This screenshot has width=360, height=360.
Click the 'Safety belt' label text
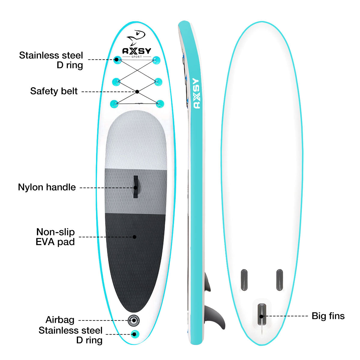[x=54, y=91]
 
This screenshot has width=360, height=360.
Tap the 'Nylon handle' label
[x=47, y=187]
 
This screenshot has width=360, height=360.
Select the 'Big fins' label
[x=328, y=316]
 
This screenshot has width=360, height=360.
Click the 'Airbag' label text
[x=60, y=320]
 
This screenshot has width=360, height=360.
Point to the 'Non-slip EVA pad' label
[x=55, y=237]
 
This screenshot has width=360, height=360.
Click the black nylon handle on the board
[x=135, y=187]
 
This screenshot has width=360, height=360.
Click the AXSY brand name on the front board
[x=137, y=51]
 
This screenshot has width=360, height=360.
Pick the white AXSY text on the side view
[x=196, y=93]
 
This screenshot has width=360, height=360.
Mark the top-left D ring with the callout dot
[x=117, y=60]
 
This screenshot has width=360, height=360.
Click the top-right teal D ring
[x=156, y=60]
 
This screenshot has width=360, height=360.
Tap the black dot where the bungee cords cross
[x=137, y=91]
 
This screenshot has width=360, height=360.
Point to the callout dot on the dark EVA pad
[x=134, y=237]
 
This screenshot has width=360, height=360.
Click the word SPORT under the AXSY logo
[x=137, y=57]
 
